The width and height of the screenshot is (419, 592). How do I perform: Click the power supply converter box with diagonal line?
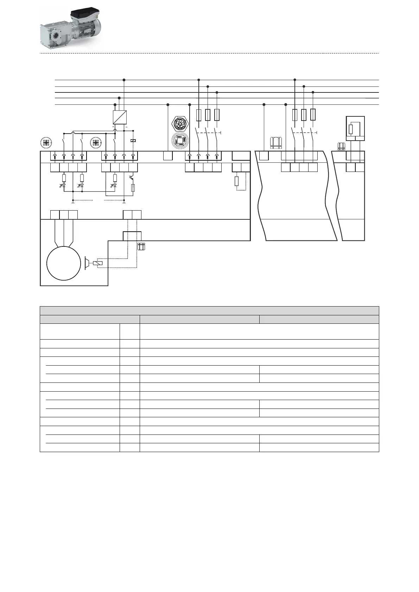(x=120, y=117)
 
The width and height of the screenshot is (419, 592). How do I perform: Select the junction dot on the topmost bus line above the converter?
(x=124, y=80)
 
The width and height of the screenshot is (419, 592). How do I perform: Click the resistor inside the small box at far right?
(x=351, y=129)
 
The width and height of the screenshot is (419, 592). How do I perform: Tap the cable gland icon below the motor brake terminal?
(x=141, y=246)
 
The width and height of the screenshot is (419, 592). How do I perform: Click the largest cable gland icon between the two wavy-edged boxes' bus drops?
(x=275, y=143)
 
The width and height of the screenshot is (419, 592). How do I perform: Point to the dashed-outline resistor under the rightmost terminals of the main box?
(x=237, y=181)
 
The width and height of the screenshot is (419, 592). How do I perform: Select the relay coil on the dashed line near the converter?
(x=133, y=141)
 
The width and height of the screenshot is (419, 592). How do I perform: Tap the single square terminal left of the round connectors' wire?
(x=168, y=156)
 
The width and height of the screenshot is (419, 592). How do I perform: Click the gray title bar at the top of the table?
(x=209, y=311)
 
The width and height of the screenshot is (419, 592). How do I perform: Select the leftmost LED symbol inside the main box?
(x=64, y=185)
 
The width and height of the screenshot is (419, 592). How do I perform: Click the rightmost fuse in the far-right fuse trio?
(x=313, y=115)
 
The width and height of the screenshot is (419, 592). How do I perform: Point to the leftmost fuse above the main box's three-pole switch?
(x=199, y=115)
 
